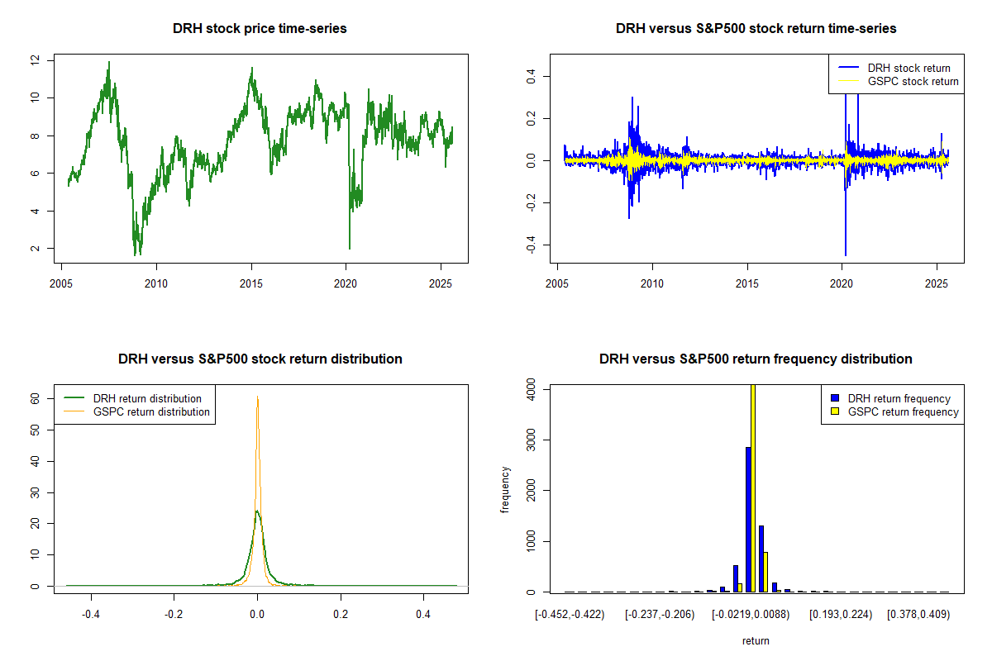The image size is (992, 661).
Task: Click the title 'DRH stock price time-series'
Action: [260, 29]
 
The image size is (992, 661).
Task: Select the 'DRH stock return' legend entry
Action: [909, 68]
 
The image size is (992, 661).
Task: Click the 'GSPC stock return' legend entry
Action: [913, 82]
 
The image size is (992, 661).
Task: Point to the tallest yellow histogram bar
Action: [752, 487]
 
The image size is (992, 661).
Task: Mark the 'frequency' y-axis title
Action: [506, 490]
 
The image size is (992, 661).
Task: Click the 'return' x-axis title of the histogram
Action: [756, 640]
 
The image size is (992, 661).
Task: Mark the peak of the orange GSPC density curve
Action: [257, 397]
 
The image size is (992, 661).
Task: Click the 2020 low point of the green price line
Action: [349, 248]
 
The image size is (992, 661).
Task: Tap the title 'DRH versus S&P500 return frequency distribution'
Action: [756, 359]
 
